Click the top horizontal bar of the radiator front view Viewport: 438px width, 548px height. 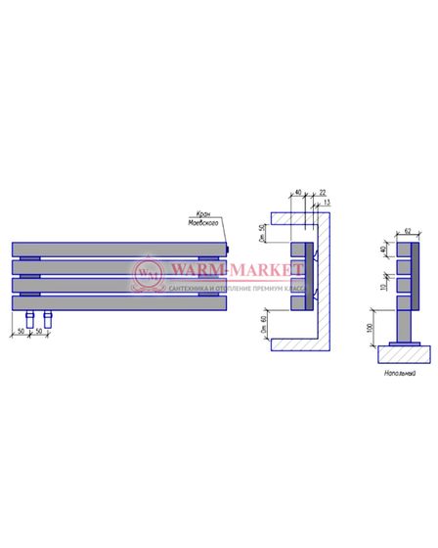click(x=118, y=250)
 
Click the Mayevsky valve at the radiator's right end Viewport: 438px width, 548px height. click(x=228, y=250)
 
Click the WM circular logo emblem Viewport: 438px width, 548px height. click(x=147, y=275)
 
